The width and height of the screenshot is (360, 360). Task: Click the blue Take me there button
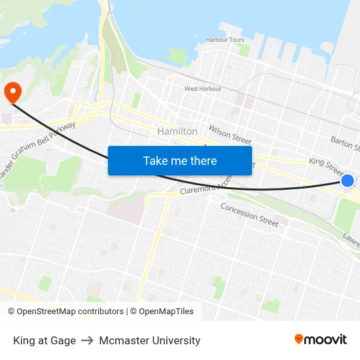[180, 160]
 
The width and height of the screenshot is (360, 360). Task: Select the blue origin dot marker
[348, 181]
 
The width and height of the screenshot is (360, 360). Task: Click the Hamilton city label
[177, 132]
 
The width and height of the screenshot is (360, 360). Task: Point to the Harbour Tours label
[225, 40]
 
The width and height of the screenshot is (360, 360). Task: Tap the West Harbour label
[202, 88]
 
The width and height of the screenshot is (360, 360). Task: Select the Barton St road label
[345, 142]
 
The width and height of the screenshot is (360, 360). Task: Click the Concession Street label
[249, 215]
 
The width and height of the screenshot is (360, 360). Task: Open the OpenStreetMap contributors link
[65, 312]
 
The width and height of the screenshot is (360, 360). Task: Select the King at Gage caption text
[45, 340]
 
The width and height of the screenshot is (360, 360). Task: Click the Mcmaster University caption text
[150, 340]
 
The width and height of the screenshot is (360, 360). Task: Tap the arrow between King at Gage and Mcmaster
[88, 340]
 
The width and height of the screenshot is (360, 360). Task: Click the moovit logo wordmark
[326, 339]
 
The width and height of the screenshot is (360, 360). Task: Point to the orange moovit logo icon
[299, 339]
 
